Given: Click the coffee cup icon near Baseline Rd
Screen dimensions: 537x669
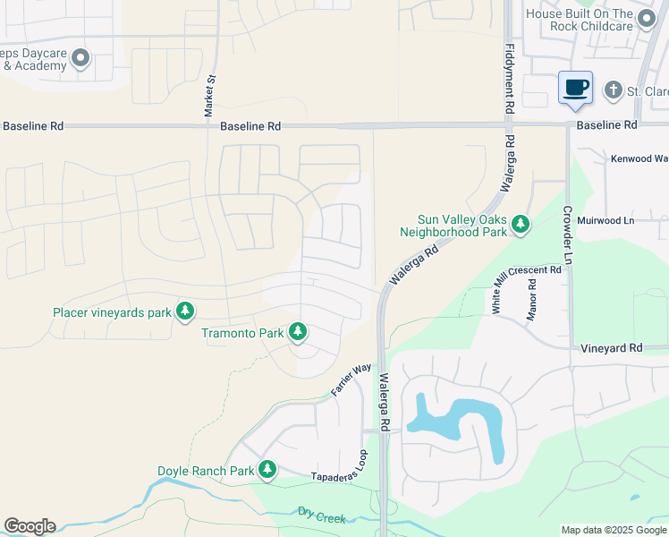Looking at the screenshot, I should tap(576, 89).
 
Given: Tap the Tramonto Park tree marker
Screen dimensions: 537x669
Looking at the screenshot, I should tap(298, 333).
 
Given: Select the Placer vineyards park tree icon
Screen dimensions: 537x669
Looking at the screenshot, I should tap(185, 311).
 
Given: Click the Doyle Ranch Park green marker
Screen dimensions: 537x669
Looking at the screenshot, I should tap(267, 470).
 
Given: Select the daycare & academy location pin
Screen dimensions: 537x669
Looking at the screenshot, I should tap(80, 59).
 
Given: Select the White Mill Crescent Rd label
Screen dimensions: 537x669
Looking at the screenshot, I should tap(527, 287).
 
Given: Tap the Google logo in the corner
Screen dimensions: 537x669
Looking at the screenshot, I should tap(30, 526).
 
